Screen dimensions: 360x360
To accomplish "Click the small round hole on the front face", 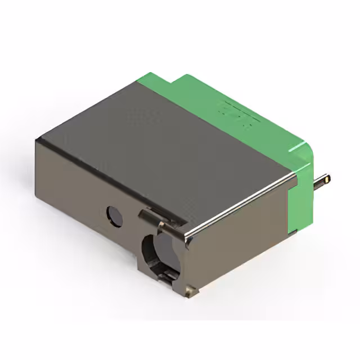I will point(115,216).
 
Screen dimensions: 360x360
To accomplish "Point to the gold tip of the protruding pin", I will point(327,179).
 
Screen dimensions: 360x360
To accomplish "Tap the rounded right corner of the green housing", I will point(308,151).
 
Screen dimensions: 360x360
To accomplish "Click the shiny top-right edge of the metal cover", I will point(242,205).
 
